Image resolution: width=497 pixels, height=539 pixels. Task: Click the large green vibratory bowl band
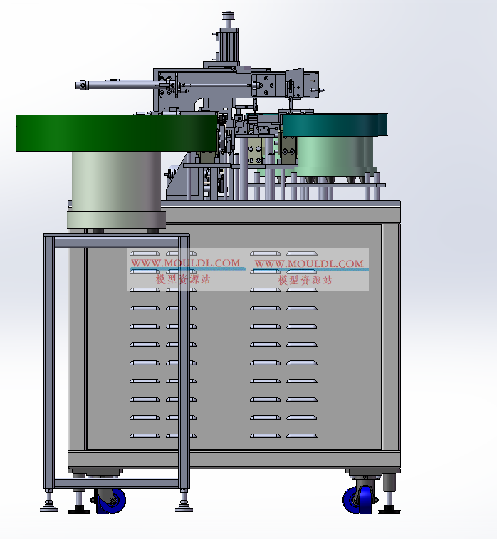click(x=117, y=133)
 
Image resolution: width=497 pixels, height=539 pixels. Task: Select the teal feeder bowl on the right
click(x=335, y=125)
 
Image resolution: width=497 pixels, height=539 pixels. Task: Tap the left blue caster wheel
click(x=110, y=501)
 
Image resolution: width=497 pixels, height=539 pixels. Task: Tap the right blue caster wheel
click(x=358, y=500)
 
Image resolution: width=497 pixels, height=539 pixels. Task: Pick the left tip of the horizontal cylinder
click(x=76, y=85)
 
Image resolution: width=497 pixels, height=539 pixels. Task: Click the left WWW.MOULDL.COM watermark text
click(x=185, y=263)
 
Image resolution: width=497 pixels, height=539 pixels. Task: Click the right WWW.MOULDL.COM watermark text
click(x=308, y=263)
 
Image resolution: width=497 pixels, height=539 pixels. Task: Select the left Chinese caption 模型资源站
click(x=183, y=279)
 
